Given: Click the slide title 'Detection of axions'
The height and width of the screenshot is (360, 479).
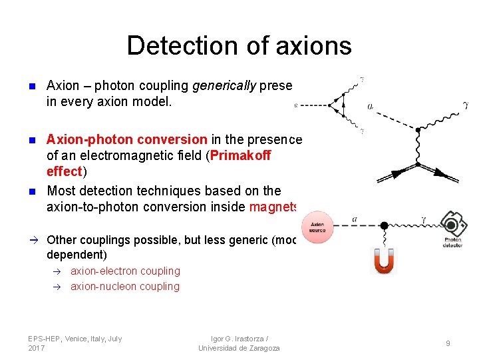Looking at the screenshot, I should click(239, 45).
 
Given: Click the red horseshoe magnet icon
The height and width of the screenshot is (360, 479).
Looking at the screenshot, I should click(384, 259).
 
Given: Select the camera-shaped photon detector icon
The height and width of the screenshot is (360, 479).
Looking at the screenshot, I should click(453, 223).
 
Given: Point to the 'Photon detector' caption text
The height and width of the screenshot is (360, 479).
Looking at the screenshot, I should click(453, 241).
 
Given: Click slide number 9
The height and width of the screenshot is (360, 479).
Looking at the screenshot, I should click(448, 343).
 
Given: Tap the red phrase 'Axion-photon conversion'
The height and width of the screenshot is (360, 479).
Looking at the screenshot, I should click(126, 139).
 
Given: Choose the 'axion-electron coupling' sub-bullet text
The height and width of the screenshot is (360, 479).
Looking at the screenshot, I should click(125, 271).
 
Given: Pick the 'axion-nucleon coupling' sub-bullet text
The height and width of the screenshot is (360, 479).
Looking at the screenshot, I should click(125, 287).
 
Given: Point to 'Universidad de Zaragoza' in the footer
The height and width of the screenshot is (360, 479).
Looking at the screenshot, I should click(239, 348).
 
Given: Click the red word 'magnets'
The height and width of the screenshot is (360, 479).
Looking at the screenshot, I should click(273, 207).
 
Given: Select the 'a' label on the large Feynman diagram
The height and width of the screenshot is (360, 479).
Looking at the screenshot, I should click(371, 106).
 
